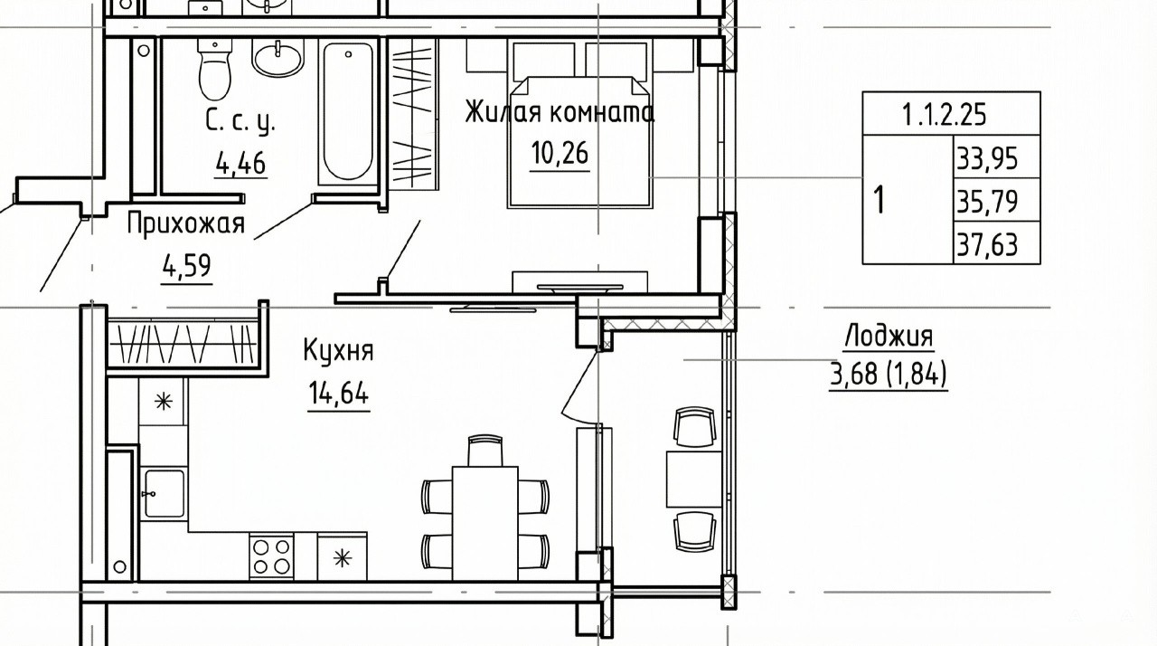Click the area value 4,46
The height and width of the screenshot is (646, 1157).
click(x=240, y=163)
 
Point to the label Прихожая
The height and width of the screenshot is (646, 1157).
click(x=186, y=224)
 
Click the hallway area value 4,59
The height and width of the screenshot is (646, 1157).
click(x=186, y=267)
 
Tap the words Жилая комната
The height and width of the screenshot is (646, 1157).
click(x=560, y=111)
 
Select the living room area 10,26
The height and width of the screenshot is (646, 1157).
click(x=560, y=153)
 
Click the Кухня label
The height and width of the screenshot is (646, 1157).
click(x=338, y=350)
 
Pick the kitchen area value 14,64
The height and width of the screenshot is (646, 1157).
click(x=338, y=394)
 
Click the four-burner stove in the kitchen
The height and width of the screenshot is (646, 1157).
click(x=271, y=556)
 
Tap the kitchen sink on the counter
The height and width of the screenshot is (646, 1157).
click(x=164, y=493)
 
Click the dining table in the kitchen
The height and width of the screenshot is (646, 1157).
click(x=485, y=524)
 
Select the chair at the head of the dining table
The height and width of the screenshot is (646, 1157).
click(x=485, y=451)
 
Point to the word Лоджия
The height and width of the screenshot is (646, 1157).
click(x=889, y=336)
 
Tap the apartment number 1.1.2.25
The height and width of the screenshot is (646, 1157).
click(x=945, y=115)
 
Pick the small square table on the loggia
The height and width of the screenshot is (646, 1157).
click(x=693, y=480)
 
